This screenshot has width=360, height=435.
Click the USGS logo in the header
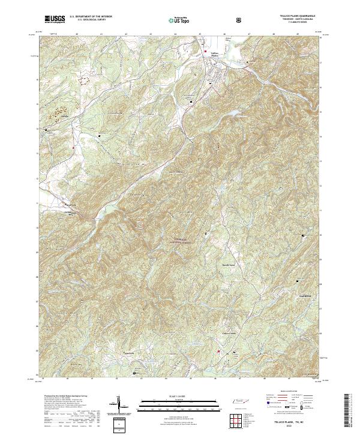pos(55,19)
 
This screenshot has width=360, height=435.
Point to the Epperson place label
pos(132,353)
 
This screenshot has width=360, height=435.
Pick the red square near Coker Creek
pos(218,352)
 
